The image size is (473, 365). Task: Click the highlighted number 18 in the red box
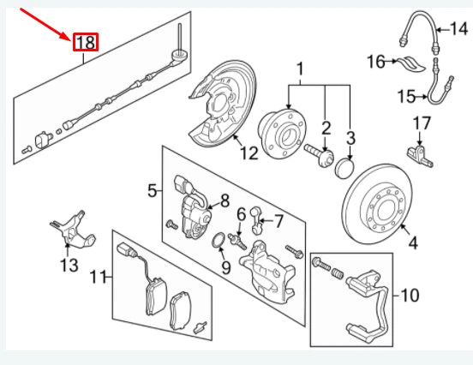(87, 42)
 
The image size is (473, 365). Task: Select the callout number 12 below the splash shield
(248, 154)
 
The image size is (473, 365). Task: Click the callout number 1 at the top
(301, 69)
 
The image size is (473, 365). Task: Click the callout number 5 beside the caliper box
(153, 190)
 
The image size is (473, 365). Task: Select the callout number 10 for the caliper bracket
(410, 296)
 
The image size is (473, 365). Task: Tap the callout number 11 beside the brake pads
(100, 277)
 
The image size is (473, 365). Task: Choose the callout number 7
(278, 222)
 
